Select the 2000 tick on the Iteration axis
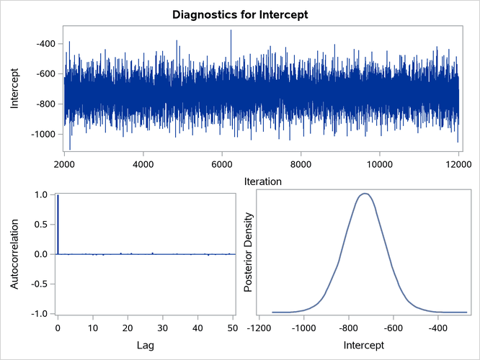click(64, 163)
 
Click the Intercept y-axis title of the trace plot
click(15, 89)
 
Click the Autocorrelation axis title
click(15, 253)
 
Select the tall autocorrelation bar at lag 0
click(58, 224)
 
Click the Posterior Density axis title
click(248, 253)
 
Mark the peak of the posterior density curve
click(365, 193)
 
